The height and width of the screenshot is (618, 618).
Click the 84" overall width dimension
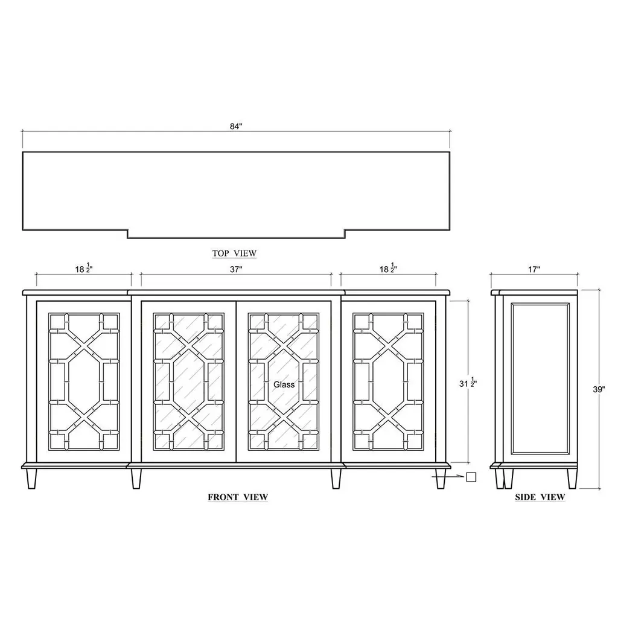point(236,127)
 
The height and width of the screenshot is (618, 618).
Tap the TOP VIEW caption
point(235,253)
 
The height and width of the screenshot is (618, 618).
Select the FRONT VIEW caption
point(238,497)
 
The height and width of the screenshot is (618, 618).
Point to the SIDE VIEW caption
point(540,497)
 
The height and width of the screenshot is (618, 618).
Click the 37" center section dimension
point(236,270)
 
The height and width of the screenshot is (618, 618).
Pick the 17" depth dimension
point(534,270)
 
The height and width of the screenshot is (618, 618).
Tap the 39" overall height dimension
point(599,389)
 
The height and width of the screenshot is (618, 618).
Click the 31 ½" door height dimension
point(468,383)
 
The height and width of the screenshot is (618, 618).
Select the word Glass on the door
point(284,384)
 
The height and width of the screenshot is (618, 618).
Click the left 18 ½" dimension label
point(84,269)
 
